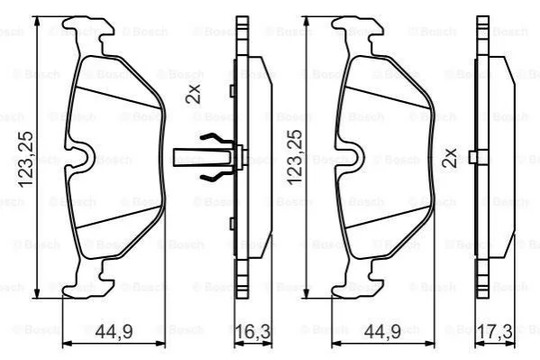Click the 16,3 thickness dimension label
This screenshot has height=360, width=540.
click(x=252, y=331)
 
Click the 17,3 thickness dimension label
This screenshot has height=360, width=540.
click(x=495, y=331)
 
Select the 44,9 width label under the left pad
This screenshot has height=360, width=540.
click(x=114, y=331)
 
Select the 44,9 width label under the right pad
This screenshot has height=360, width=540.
click(x=382, y=331)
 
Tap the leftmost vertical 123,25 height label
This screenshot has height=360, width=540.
click(x=26, y=160)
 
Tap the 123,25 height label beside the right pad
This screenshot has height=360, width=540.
click(x=295, y=158)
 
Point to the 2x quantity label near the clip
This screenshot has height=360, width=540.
click(x=193, y=94)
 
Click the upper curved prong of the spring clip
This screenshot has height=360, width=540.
click(x=215, y=139)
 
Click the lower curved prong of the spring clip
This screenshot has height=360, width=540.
click(x=215, y=176)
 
